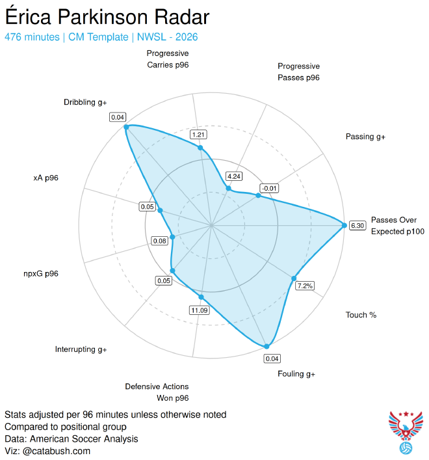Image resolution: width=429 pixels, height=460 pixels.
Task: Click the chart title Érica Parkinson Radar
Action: click(107, 17)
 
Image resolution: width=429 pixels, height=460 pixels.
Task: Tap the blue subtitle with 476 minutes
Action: click(101, 37)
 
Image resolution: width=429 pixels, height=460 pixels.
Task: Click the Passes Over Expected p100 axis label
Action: click(398, 226)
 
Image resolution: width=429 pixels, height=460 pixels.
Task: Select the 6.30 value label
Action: click(357, 226)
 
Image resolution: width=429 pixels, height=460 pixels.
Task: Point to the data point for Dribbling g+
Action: click(126, 127)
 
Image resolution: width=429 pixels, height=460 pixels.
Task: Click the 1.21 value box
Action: click(198, 135)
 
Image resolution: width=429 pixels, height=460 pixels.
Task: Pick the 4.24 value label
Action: click(234, 176)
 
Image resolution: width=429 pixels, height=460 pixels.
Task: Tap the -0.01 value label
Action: click(269, 188)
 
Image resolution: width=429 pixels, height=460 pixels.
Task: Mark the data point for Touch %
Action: click(294, 278)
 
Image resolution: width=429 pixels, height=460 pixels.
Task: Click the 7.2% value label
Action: click(305, 286)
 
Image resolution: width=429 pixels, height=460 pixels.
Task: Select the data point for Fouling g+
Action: click(266, 347)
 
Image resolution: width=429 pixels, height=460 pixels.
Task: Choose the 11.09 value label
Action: click(200, 310)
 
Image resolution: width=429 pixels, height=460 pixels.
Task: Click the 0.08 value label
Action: click(159, 241)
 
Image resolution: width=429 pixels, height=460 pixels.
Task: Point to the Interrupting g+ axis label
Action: click(81, 349)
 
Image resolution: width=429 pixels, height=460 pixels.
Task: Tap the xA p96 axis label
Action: click(46, 178)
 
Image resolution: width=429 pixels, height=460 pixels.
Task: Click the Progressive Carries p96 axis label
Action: click(168, 59)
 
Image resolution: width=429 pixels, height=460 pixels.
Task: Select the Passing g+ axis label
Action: click(365, 137)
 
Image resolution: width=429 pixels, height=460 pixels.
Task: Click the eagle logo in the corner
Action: click(406, 433)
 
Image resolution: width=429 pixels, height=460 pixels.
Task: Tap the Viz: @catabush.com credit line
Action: click(47, 451)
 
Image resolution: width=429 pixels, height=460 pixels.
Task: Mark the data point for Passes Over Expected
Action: click(344, 225)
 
